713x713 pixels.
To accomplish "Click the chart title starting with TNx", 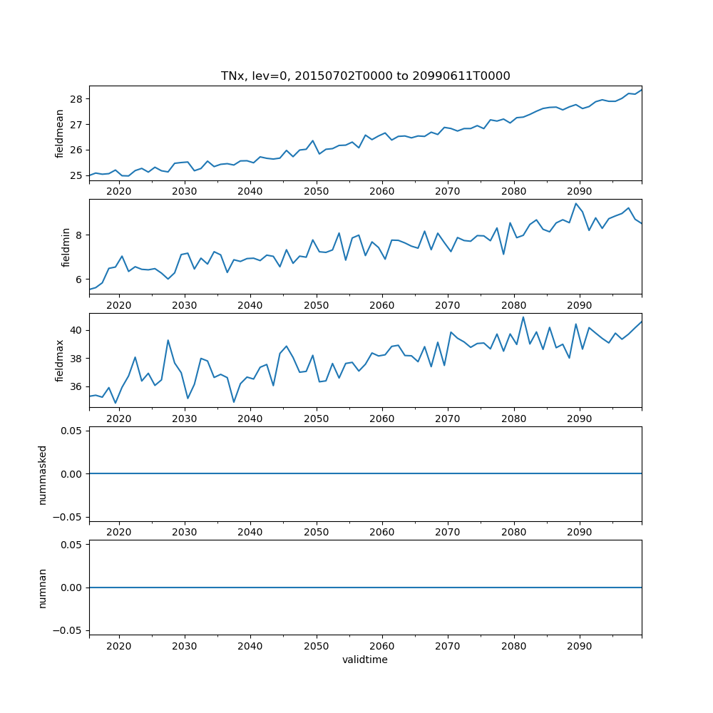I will (365, 76).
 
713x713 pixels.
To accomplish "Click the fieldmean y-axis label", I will (60, 133).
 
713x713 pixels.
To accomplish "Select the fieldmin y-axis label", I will (66, 247).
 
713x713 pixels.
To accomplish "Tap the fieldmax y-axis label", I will (60, 361).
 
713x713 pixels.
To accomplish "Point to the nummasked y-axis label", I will (43, 474).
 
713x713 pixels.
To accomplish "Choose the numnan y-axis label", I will (43, 588).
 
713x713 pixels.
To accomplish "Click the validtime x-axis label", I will (365, 660).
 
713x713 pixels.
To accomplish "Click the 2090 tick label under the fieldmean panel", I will (579, 192).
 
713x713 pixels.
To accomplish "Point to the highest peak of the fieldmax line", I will (523, 317).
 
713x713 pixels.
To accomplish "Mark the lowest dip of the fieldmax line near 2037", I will (233, 402).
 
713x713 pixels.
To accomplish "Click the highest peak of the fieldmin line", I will (575, 203).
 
